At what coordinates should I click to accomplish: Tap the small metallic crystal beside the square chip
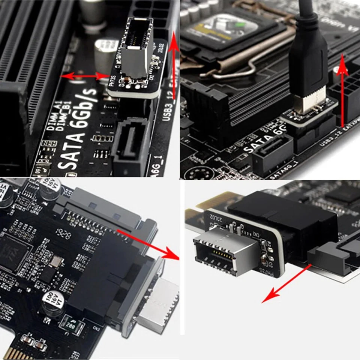point(55,261)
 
